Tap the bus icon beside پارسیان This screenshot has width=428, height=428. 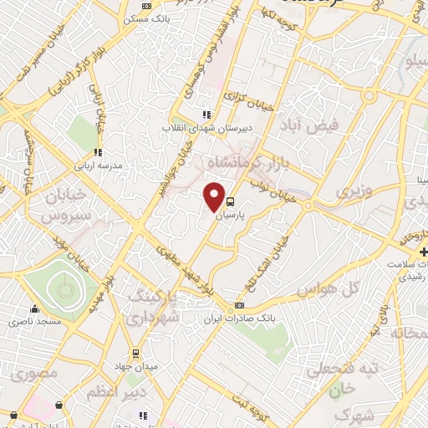[x=232, y=201]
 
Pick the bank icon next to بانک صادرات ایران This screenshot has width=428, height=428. [x=240, y=305]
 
